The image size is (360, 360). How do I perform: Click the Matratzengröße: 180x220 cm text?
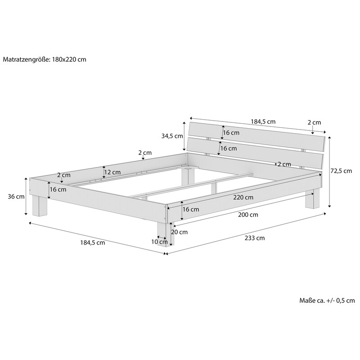(45, 59)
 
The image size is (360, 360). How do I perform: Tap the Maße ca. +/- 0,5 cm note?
(327, 301)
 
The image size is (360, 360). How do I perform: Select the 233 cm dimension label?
(254, 238)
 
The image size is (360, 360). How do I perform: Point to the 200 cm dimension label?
(248, 215)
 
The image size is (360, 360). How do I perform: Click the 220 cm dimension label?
(243, 198)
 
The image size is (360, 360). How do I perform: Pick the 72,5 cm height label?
(341, 171)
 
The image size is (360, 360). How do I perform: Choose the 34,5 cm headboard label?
(172, 136)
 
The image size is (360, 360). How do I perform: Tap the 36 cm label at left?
(16, 197)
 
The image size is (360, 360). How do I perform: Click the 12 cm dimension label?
(112, 172)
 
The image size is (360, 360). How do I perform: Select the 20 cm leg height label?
(179, 232)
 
